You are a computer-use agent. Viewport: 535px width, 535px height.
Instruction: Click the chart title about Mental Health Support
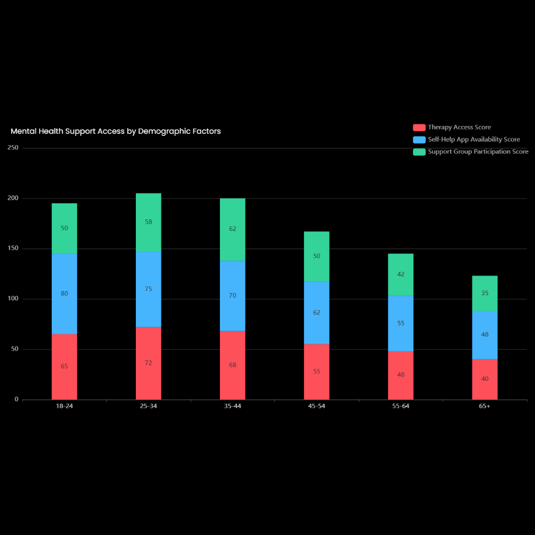coord(115,131)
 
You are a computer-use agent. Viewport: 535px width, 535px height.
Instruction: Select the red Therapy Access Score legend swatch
coord(419,127)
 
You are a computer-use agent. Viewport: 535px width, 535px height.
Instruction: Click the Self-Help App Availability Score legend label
coord(474,139)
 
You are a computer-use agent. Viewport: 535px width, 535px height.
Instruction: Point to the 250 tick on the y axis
coord(13,148)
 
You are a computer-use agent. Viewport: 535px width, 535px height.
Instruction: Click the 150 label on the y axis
coord(13,249)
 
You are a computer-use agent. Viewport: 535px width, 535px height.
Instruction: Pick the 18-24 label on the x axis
coord(64,406)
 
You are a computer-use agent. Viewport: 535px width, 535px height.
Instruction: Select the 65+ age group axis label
coord(484,406)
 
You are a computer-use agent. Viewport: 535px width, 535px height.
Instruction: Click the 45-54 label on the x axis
coord(317,406)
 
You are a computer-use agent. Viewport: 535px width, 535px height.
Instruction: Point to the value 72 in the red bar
coord(148,363)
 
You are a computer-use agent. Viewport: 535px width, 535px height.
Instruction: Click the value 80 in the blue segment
coord(64,294)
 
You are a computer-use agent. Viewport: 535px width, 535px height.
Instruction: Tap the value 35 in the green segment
coord(484,293)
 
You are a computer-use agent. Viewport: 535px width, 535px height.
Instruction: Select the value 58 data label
coord(148,222)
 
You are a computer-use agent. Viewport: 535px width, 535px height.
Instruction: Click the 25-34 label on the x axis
coord(148,406)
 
